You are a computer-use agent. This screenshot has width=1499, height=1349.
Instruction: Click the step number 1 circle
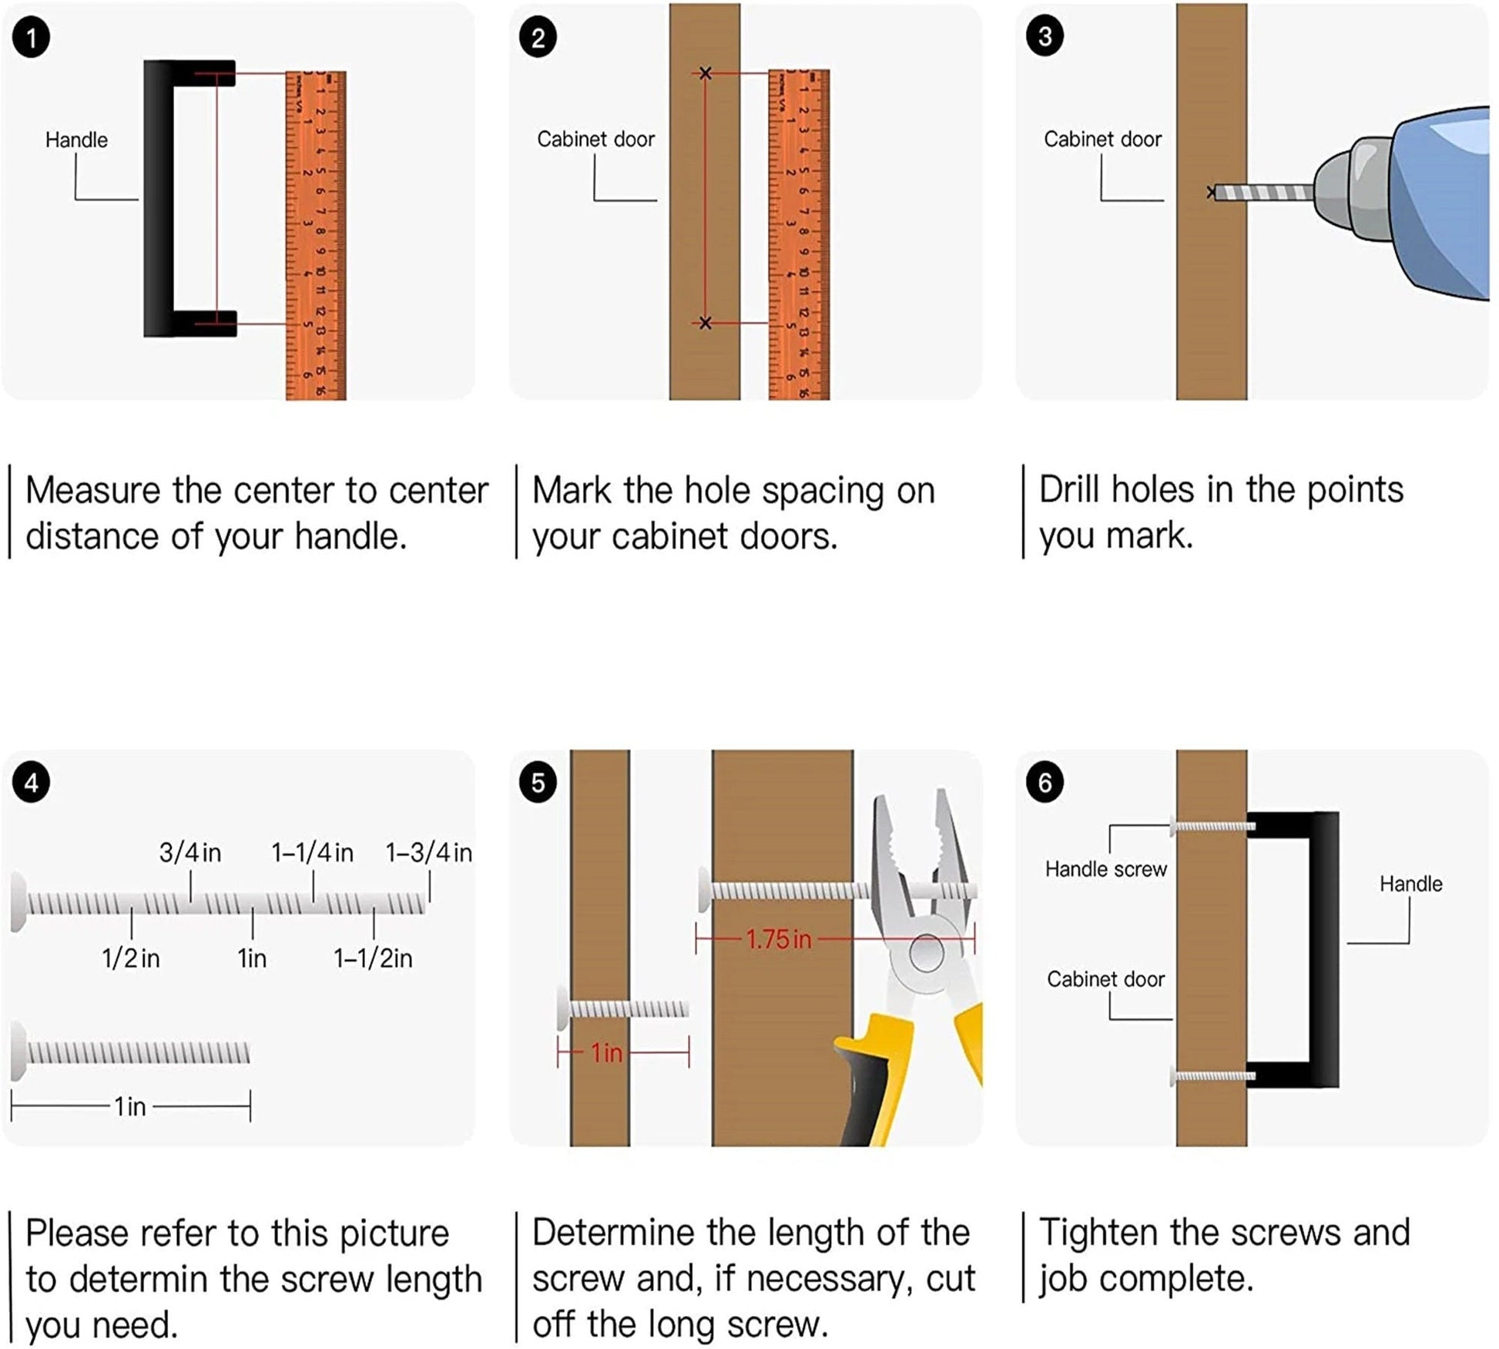pyautogui.click(x=32, y=38)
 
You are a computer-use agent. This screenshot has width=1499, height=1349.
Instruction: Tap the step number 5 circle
pyautogui.click(x=538, y=784)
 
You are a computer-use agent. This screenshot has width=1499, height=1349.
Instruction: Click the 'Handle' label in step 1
pyautogui.click(x=76, y=140)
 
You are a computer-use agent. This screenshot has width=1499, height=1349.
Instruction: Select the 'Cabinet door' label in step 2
pyautogui.click(x=595, y=139)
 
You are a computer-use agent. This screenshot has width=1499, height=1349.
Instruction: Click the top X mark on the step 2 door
pyautogui.click(x=705, y=73)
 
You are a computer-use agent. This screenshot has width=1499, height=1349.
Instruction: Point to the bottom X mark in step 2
pyautogui.click(x=705, y=323)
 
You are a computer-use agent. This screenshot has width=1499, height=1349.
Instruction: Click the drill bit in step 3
pyautogui.click(x=1263, y=192)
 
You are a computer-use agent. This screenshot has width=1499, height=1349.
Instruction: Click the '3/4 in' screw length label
pyautogui.click(x=190, y=853)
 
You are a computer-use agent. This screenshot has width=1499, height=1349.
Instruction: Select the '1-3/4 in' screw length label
pyautogui.click(x=429, y=853)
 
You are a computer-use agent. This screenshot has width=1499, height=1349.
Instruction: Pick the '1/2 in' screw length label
pyautogui.click(x=131, y=958)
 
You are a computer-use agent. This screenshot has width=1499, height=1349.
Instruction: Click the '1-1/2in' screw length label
pyautogui.click(x=373, y=958)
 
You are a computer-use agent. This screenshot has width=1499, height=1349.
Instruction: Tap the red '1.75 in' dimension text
pyautogui.click(x=778, y=939)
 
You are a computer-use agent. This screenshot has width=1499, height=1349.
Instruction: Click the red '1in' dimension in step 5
pyautogui.click(x=606, y=1053)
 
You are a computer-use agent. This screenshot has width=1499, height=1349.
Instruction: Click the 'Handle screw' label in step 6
pyautogui.click(x=1105, y=869)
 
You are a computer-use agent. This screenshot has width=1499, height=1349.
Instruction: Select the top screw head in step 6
pyautogui.click(x=1174, y=827)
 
